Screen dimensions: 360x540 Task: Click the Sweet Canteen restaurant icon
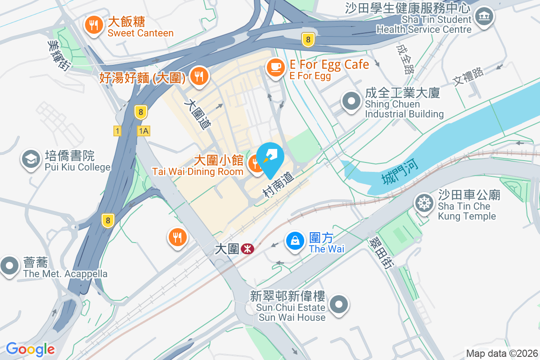coord(94,25)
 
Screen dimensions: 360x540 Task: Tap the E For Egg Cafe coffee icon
coord(275,68)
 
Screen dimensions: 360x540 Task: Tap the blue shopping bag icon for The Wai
coord(295,241)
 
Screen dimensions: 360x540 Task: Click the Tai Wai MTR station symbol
coord(247,249)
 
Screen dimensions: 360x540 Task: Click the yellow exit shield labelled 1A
coord(144,131)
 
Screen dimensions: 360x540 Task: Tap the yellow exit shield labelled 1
coord(117,131)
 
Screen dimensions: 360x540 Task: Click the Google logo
coord(31,349)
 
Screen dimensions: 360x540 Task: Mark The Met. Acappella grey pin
coord(9,266)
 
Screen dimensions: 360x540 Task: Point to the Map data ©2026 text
coord(502,353)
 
